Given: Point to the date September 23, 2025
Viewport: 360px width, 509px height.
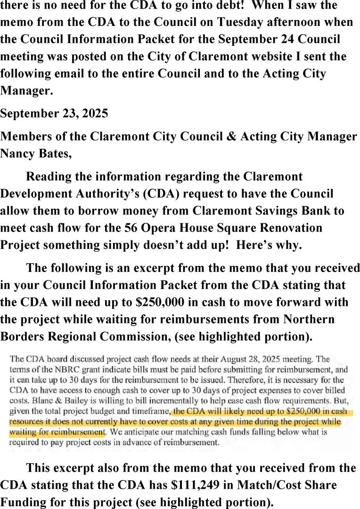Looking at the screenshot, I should pos(54,114).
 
